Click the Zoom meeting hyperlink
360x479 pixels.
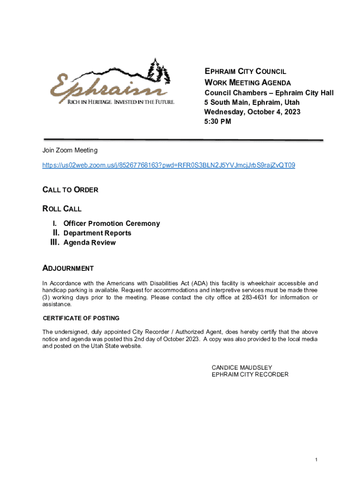(168, 165)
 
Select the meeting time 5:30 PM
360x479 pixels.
(217, 122)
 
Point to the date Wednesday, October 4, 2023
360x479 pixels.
(252, 112)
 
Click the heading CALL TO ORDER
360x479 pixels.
(70, 190)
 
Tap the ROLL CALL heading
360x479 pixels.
(62, 209)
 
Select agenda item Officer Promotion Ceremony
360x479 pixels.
(111, 224)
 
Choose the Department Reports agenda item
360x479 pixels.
(97, 233)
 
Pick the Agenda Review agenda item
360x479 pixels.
(89, 243)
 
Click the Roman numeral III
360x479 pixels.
(54, 242)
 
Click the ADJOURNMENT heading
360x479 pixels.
(68, 269)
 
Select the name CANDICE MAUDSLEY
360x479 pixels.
(242, 368)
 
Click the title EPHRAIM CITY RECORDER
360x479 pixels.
(250, 375)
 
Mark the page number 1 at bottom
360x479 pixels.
(316, 460)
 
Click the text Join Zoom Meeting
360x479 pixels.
(70, 150)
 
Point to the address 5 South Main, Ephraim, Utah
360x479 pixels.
(252, 102)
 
